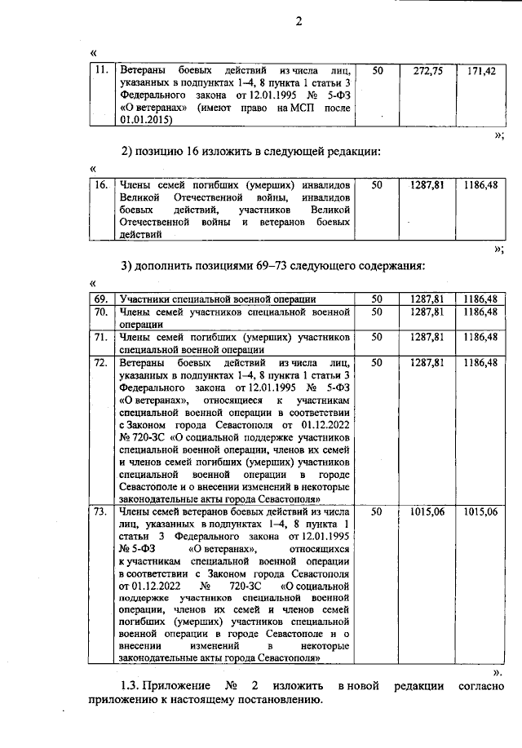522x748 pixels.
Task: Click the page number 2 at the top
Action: click(299, 21)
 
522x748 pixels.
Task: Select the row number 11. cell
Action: click(101, 71)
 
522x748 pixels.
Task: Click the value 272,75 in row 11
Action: click(427, 71)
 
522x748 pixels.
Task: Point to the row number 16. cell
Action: click(101, 185)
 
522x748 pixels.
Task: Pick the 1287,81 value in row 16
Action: click(427, 185)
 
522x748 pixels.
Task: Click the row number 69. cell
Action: click(101, 299)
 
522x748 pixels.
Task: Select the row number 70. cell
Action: click(101, 312)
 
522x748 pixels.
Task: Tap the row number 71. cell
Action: click(101, 336)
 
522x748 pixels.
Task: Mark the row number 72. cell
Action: click(101, 361)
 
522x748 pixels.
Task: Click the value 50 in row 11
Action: click(376, 71)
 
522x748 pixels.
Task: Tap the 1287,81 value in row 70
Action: click(427, 312)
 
